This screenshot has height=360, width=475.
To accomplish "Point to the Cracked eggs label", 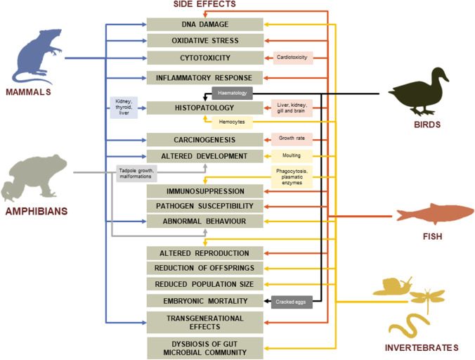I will pos(291,301).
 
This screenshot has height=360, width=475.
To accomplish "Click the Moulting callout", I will pos(291,155).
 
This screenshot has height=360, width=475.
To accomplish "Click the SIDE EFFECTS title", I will pos(204,5).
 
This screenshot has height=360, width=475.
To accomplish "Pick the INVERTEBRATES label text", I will pos(422,347).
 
